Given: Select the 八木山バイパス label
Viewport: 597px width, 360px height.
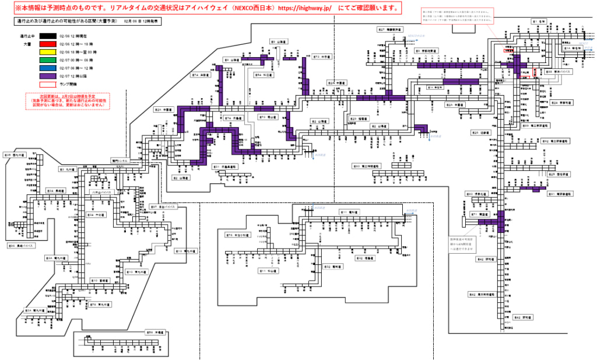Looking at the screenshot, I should pos(101,191).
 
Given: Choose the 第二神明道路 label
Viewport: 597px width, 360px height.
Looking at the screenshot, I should pos(367,166).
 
